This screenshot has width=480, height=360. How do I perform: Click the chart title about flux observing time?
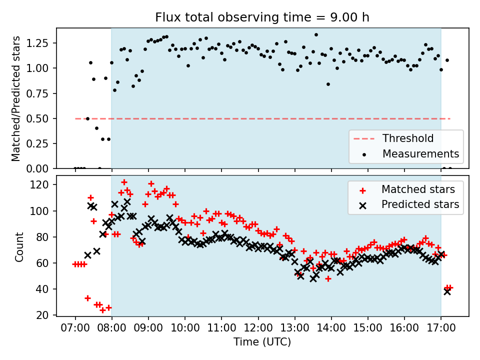(262, 17)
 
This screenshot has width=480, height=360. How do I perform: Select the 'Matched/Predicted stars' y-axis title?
(16, 98)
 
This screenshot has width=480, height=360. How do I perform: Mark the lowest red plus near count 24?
(102, 310)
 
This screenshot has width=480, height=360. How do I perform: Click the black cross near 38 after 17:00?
(447, 291)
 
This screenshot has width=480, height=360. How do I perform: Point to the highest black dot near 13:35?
(316, 35)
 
